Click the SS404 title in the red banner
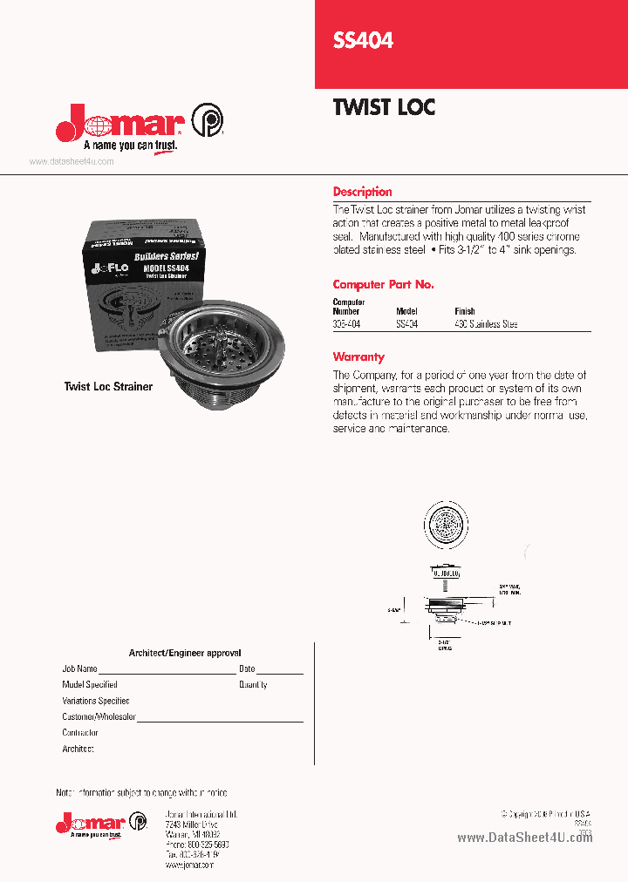click(363, 40)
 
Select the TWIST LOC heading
click(384, 107)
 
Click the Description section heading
click(362, 192)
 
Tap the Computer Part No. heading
click(383, 285)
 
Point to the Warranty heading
click(358, 356)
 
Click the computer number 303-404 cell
click(346, 324)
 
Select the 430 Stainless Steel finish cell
click(486, 324)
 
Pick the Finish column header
click(464, 311)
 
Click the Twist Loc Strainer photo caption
click(108, 386)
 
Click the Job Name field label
click(79, 669)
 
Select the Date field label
click(247, 669)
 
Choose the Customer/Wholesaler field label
click(99, 716)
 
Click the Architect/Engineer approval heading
click(185, 653)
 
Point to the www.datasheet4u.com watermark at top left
click(72, 162)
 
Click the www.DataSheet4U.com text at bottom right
click(524, 838)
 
